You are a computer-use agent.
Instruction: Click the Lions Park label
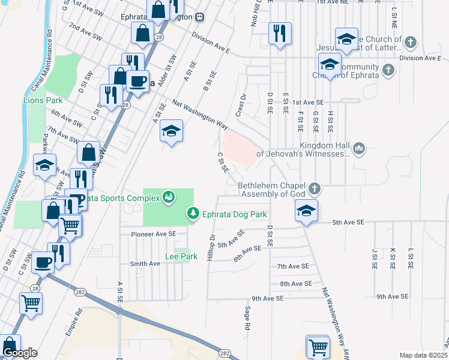pos(43,100)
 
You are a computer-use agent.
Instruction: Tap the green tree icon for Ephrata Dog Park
pos(193,213)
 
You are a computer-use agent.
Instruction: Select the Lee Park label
pos(181,256)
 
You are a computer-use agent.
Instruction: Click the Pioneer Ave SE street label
pos(154,233)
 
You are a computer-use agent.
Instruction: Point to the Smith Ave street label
pos(145,263)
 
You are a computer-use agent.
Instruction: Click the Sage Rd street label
pos(247,319)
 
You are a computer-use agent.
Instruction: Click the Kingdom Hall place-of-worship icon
pos(360,148)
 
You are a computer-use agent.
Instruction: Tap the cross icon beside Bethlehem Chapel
pos(313,190)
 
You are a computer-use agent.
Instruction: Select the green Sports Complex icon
pos(169,197)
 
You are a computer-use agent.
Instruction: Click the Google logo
pos(20,353)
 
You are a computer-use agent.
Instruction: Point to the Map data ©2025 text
pos(424,355)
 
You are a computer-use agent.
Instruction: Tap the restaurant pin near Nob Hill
pos(280,33)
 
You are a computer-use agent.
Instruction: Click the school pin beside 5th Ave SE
pos(306,211)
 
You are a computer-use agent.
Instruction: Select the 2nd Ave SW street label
pos(85,31)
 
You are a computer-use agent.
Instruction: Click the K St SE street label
pos(392,258)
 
